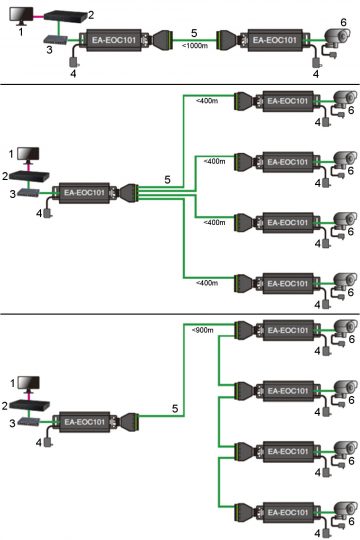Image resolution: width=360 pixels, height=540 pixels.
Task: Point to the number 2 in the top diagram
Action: pos(91,15)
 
